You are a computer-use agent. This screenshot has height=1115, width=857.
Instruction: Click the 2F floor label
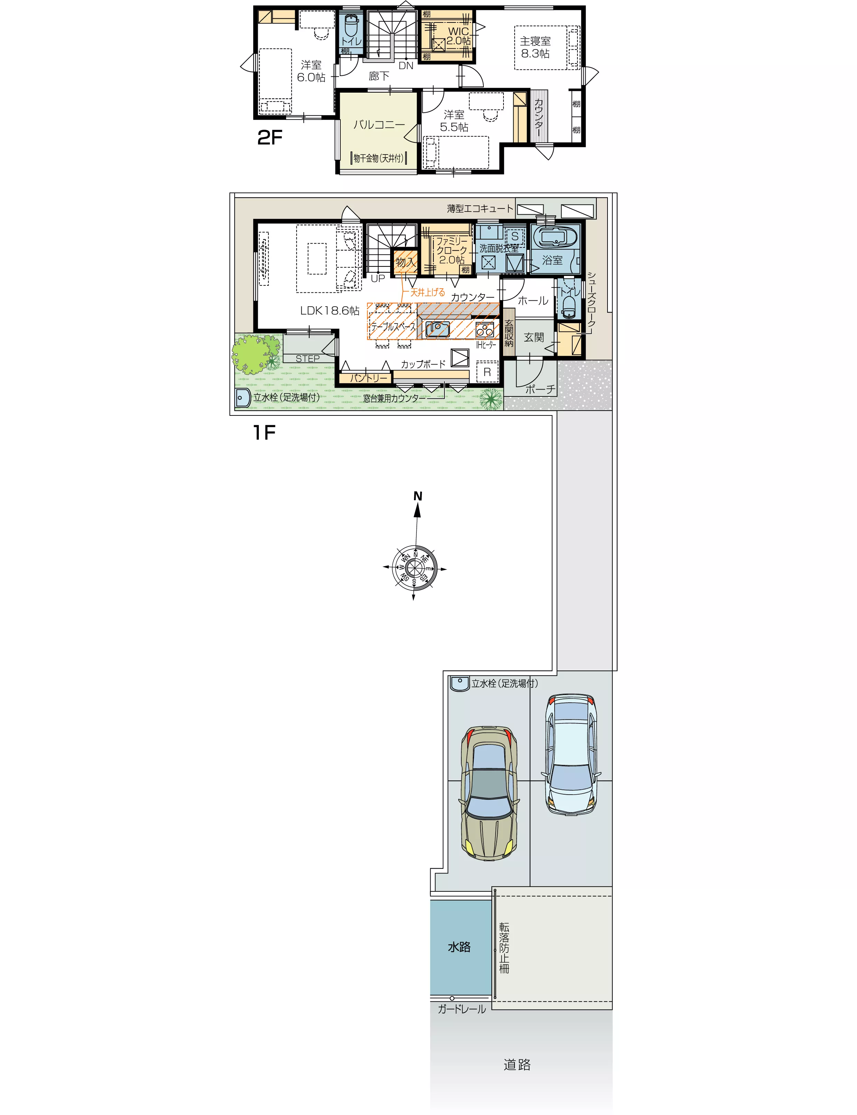tap(270, 137)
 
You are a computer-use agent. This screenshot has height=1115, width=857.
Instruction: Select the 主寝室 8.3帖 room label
tap(535, 47)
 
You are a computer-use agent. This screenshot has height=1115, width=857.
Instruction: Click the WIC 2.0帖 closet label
tap(459, 36)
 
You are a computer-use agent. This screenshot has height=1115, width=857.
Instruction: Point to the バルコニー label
tap(379, 124)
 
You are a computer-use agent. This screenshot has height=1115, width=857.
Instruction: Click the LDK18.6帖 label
tap(330, 311)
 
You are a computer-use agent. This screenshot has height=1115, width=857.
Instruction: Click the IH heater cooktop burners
tap(484, 329)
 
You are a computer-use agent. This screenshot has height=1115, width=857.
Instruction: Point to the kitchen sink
tap(438, 329)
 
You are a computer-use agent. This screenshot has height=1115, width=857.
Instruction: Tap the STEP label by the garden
tap(308, 358)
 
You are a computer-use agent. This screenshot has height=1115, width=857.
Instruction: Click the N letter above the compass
tap(418, 496)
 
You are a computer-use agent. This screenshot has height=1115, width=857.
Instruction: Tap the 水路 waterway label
tap(459, 947)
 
